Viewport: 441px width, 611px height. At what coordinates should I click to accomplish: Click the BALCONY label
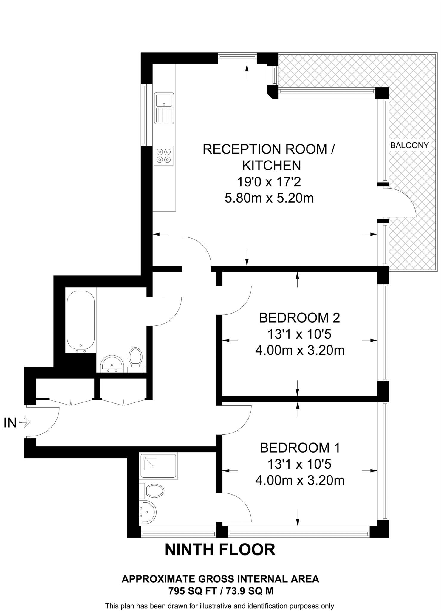point(409,145)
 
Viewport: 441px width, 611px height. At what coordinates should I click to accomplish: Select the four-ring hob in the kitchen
point(163,156)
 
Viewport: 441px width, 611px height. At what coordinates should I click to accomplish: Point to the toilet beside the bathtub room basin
point(135,358)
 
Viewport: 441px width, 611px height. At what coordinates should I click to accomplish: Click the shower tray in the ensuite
point(158,466)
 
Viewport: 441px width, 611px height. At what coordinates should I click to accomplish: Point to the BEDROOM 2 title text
point(299,318)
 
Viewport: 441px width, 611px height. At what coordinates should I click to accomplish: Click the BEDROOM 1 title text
point(300,448)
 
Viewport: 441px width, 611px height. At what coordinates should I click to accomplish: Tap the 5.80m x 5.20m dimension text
point(269,198)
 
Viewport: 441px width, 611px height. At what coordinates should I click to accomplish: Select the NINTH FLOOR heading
point(220,550)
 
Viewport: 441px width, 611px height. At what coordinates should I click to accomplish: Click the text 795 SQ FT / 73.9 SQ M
point(221,591)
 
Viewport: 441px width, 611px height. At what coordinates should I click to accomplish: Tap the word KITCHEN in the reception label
point(271,166)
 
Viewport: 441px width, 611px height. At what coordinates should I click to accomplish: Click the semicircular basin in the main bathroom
point(112,364)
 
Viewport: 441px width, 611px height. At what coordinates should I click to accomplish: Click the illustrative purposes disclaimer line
point(220,606)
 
